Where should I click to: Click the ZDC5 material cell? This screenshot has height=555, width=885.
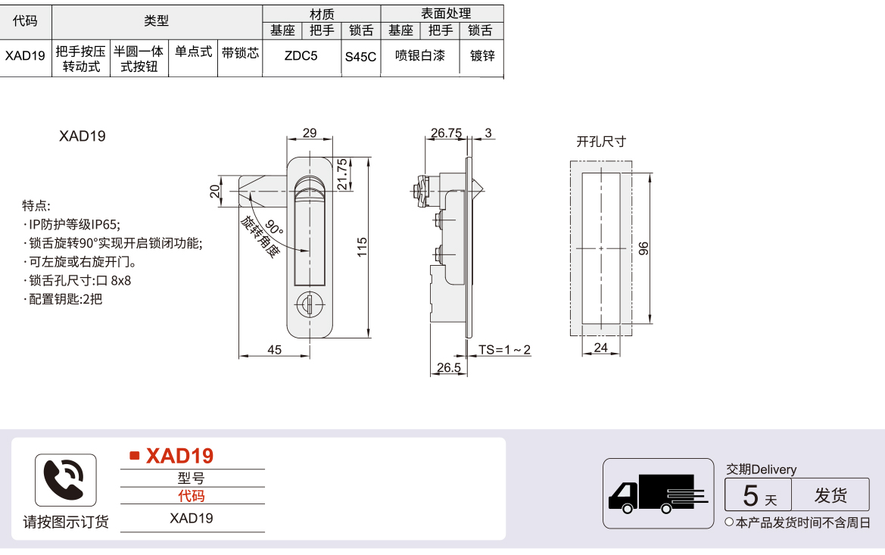(x=301, y=56)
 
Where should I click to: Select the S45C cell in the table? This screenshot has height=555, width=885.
(x=360, y=57)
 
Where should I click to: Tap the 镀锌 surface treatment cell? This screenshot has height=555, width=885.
(x=482, y=56)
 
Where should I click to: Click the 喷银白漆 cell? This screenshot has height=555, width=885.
(x=420, y=55)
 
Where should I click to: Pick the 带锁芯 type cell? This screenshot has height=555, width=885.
(x=240, y=53)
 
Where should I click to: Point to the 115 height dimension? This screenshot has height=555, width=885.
(x=363, y=248)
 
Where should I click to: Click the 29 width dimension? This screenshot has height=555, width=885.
(x=310, y=133)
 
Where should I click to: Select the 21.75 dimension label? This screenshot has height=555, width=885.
(x=342, y=174)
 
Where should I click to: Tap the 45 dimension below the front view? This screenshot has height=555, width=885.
(x=274, y=350)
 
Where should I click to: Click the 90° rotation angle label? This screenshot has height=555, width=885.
(x=274, y=227)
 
